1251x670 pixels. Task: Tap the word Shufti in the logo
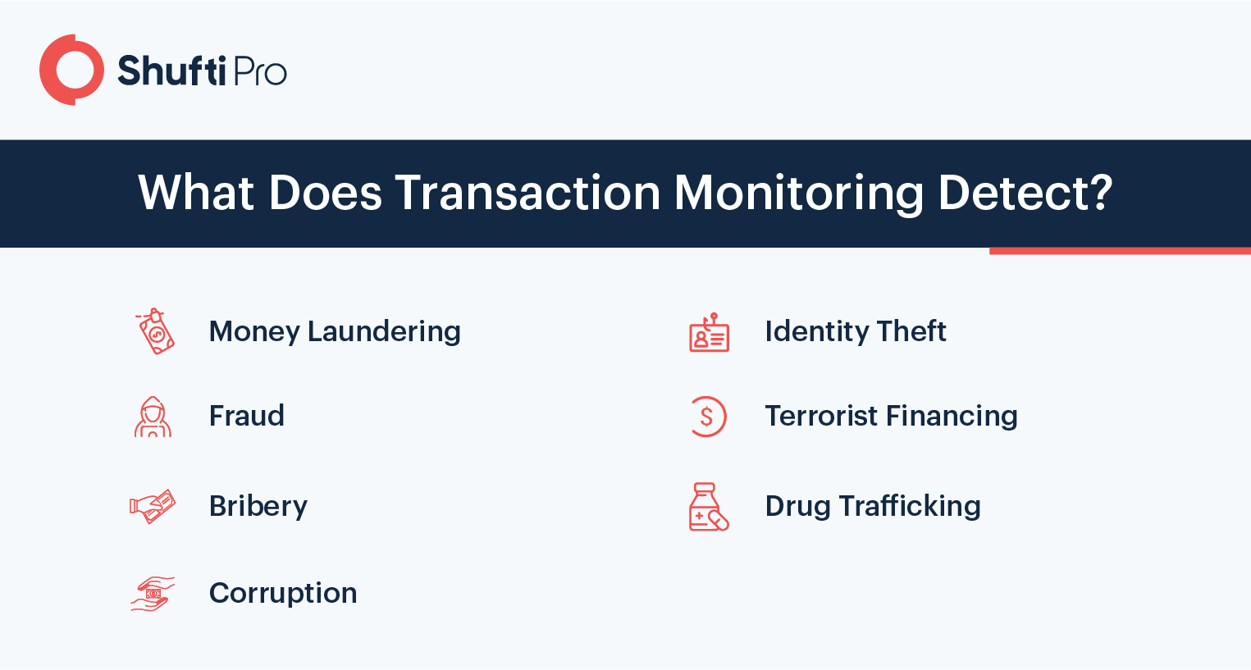point(171,71)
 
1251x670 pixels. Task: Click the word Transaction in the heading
point(527,193)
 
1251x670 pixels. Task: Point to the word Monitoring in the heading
point(799,194)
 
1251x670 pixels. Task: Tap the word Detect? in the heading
point(1025,193)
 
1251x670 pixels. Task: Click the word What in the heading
point(196,193)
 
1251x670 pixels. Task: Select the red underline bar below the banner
point(1120,251)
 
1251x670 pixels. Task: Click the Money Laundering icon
point(155,331)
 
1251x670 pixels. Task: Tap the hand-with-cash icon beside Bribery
point(152,507)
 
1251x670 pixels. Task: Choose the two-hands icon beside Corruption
point(153,594)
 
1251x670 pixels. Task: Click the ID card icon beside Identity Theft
point(710,332)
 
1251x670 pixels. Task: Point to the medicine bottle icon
point(709,507)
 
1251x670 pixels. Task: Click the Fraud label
point(247,416)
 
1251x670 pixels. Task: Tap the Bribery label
point(258,507)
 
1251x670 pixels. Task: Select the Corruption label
point(283,594)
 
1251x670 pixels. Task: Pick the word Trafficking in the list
point(910,507)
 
